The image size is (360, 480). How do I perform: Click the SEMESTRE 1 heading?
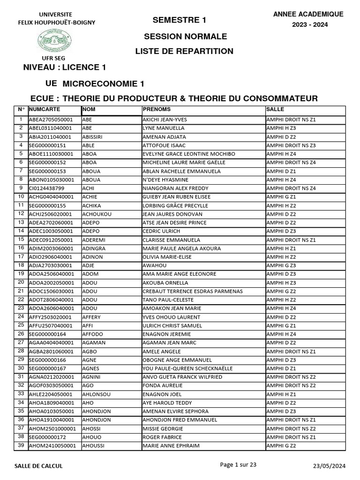(x=179, y=20)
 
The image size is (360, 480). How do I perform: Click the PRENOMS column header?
(x=157, y=109)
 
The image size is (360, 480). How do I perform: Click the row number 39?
(x=21, y=445)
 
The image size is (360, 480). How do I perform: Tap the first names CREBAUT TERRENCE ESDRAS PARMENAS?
(x=193, y=291)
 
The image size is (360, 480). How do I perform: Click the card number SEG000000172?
(x=48, y=437)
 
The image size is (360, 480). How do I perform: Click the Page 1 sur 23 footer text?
(x=238, y=465)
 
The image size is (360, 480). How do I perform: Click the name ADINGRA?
(x=95, y=248)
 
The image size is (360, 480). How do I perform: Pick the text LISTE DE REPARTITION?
(x=184, y=51)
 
